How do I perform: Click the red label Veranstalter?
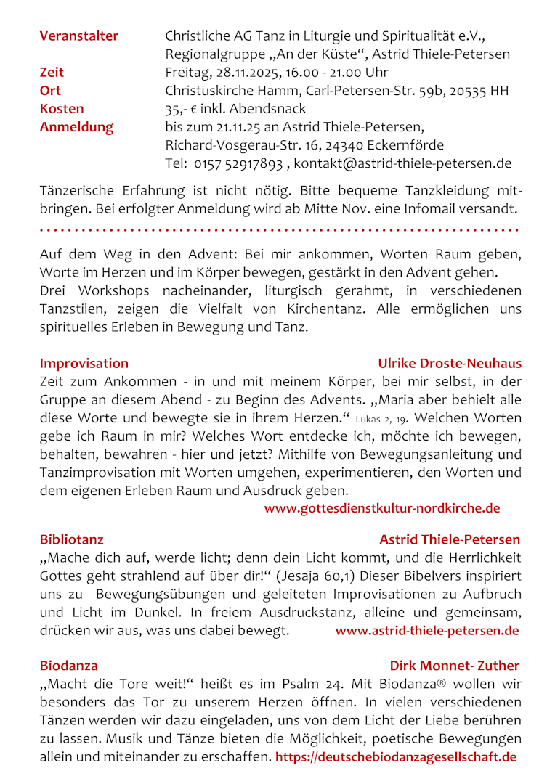click(78, 36)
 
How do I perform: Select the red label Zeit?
click(52, 73)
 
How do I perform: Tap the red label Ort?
click(50, 91)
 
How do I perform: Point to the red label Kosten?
click(62, 109)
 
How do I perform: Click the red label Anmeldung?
click(76, 127)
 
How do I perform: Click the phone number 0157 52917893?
click(238, 163)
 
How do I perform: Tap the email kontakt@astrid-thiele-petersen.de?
click(402, 163)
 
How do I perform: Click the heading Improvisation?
click(84, 364)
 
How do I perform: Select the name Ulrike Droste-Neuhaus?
click(450, 364)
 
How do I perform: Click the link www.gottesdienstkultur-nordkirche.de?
click(382, 508)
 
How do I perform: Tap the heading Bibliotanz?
click(71, 539)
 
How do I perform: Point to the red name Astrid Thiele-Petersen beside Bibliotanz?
click(450, 539)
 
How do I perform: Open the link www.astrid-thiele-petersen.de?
click(427, 630)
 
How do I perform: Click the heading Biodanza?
click(68, 666)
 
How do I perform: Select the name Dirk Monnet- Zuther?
click(455, 666)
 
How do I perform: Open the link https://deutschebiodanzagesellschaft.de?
click(396, 757)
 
